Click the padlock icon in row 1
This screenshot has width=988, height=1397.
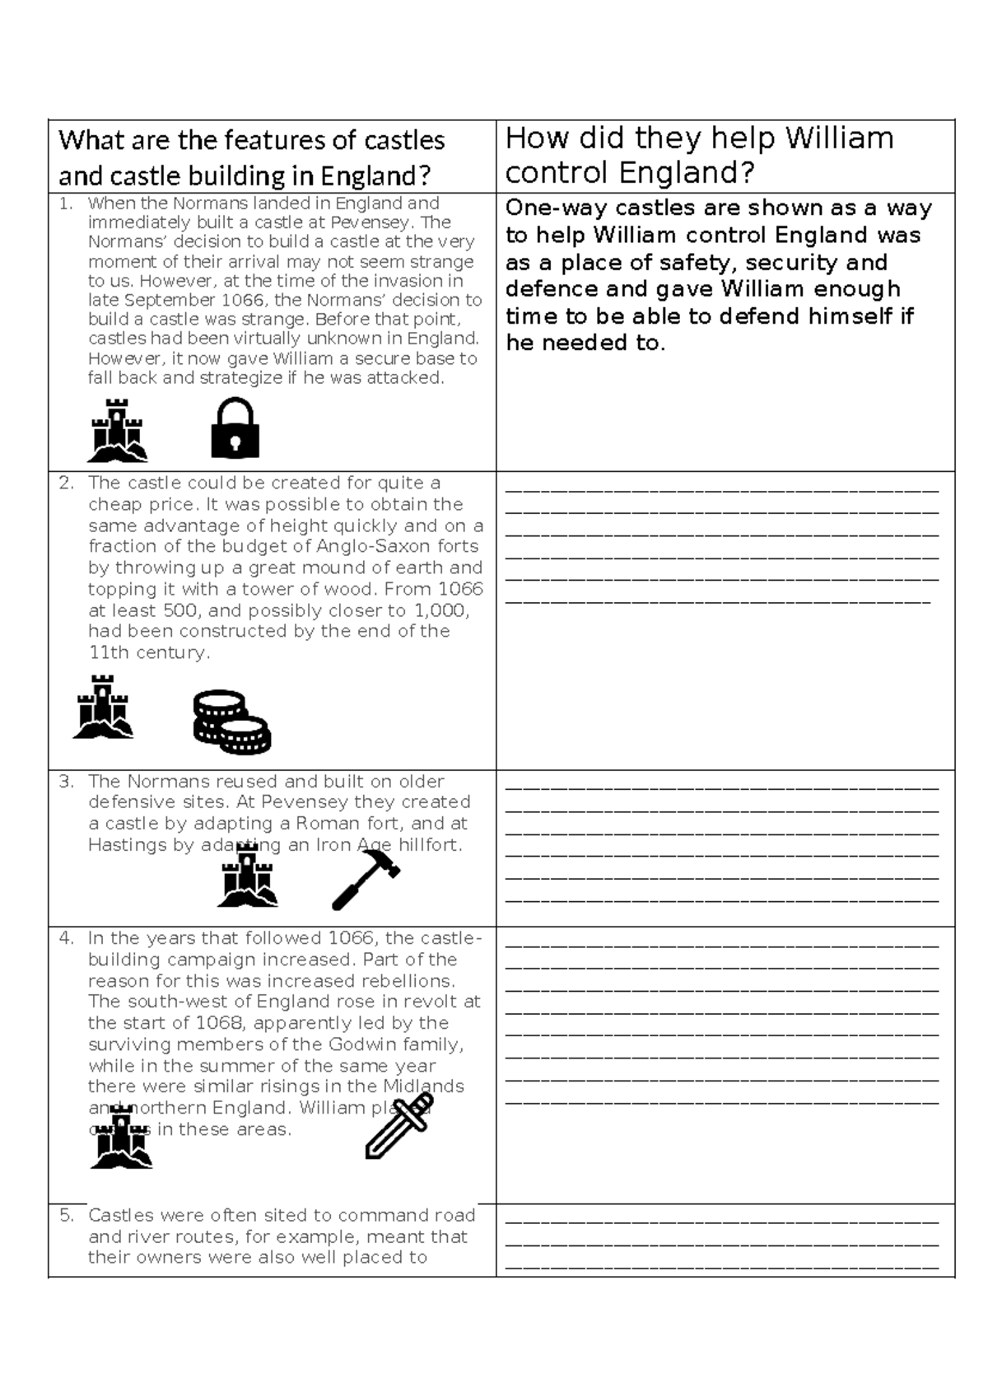(x=235, y=428)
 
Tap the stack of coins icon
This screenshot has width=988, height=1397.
(x=231, y=722)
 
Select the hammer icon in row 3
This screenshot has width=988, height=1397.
(x=366, y=878)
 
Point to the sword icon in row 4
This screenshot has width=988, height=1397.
(x=399, y=1125)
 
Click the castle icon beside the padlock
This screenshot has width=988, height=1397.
(x=118, y=430)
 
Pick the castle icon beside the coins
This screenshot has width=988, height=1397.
(x=103, y=707)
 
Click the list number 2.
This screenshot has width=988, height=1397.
(x=66, y=484)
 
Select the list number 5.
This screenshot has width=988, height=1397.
(x=66, y=1216)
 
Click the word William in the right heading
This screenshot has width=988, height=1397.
(x=838, y=138)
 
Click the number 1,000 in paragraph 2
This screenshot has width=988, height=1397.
(x=442, y=610)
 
